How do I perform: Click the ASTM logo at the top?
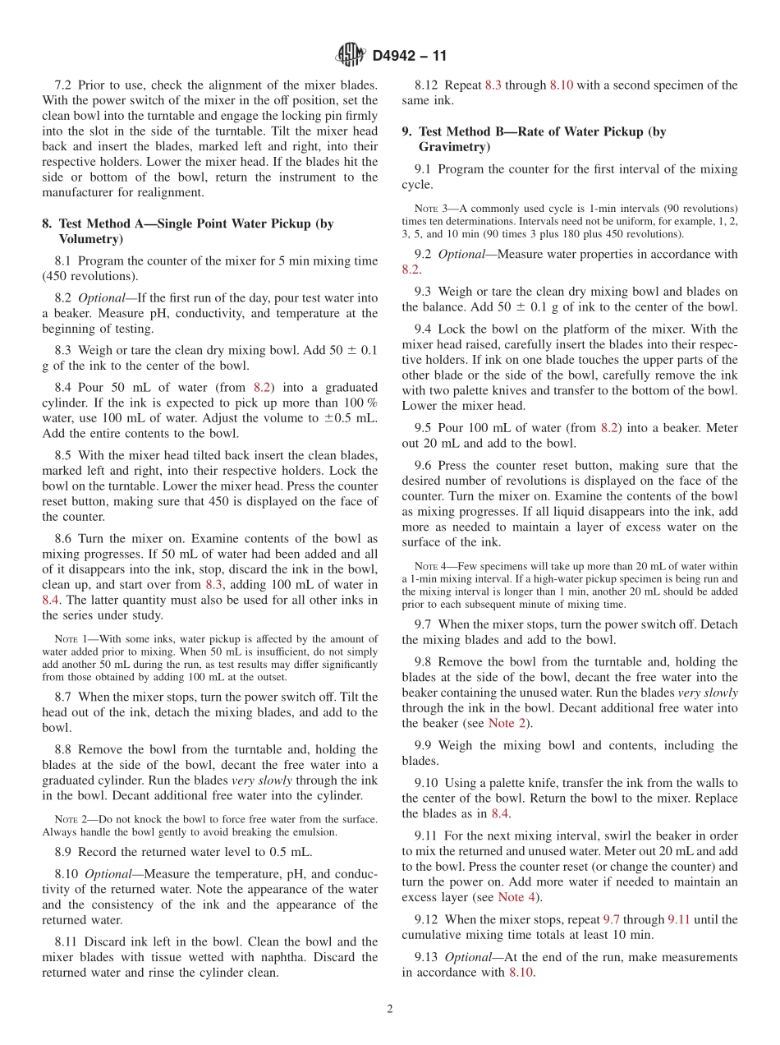[x=351, y=56]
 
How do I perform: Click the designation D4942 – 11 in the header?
[x=409, y=57]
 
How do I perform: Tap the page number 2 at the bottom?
[x=390, y=1010]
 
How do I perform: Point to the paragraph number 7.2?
[x=64, y=85]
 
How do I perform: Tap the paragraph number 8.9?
[x=64, y=851]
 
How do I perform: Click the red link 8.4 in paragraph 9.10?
[x=501, y=813]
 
